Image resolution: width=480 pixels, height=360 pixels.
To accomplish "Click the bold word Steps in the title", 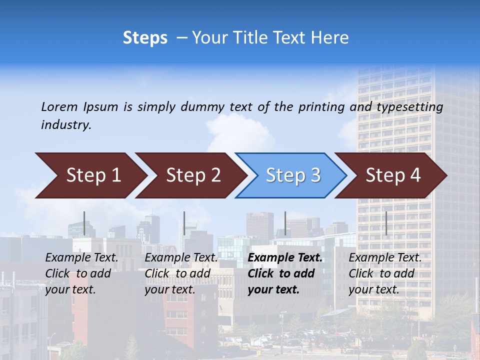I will click(x=145, y=38).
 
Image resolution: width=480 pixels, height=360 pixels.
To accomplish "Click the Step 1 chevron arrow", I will click(x=90, y=175).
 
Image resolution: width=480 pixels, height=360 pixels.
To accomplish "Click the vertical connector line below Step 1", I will click(x=84, y=223).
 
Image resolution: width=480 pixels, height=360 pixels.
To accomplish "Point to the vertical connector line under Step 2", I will click(x=184, y=223).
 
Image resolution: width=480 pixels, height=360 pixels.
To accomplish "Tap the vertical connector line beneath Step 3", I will click(x=285, y=223).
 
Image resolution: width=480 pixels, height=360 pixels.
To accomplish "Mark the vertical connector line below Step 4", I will click(x=386, y=223).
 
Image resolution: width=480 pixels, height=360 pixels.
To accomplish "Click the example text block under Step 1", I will click(x=81, y=273).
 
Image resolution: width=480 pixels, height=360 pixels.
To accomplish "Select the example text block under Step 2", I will click(x=181, y=273).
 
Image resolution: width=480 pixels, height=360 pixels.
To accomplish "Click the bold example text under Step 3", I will click(x=285, y=273).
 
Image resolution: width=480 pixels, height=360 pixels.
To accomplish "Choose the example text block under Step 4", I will click(x=385, y=273).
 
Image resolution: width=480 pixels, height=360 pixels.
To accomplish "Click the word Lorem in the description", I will click(x=59, y=107).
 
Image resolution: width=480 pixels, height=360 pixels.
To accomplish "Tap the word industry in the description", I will click(x=65, y=125).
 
